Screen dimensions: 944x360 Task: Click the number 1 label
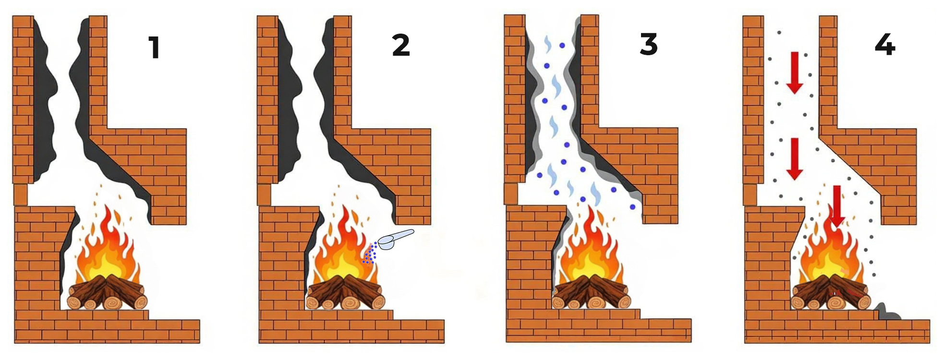coord(154,48)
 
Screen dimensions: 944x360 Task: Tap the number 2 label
coord(401,45)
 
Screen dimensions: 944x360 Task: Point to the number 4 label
coord(885,45)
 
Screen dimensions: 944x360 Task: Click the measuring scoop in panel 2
coord(396,239)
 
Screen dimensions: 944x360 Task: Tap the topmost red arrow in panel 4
coord(795,72)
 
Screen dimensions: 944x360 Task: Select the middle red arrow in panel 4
coord(795,159)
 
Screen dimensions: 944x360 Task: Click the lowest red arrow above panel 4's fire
coord(837,206)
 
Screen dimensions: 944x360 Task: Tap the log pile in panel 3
coord(591,292)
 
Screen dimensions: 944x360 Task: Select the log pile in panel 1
coord(107,292)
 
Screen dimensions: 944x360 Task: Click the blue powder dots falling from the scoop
coord(370,253)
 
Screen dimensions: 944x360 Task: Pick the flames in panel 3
coord(592,245)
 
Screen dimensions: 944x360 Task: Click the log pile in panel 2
coord(346,292)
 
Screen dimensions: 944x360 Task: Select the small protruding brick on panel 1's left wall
coord(20,195)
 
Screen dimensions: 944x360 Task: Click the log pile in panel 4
coord(831,292)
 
